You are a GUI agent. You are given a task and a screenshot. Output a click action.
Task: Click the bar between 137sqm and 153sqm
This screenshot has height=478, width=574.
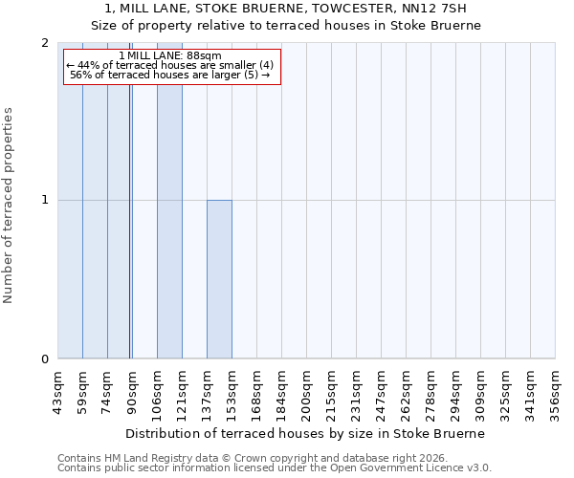(219, 279)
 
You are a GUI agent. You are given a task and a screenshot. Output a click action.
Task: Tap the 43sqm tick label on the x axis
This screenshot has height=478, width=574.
(58, 390)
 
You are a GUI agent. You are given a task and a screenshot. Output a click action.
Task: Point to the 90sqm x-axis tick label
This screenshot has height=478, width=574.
(133, 390)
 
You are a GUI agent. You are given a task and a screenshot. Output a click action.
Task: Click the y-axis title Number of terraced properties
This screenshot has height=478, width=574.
(9, 206)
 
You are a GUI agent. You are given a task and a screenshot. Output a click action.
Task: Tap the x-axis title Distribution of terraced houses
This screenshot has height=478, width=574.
(305, 433)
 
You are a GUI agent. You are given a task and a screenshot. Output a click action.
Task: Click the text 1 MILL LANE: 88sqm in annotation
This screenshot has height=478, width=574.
(170, 55)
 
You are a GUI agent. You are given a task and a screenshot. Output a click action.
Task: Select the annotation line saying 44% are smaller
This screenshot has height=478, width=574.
(170, 65)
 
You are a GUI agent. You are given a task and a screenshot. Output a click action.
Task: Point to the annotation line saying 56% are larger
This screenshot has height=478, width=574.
(170, 75)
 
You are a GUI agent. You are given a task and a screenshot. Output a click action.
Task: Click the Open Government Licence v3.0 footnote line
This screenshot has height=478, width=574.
(275, 468)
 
